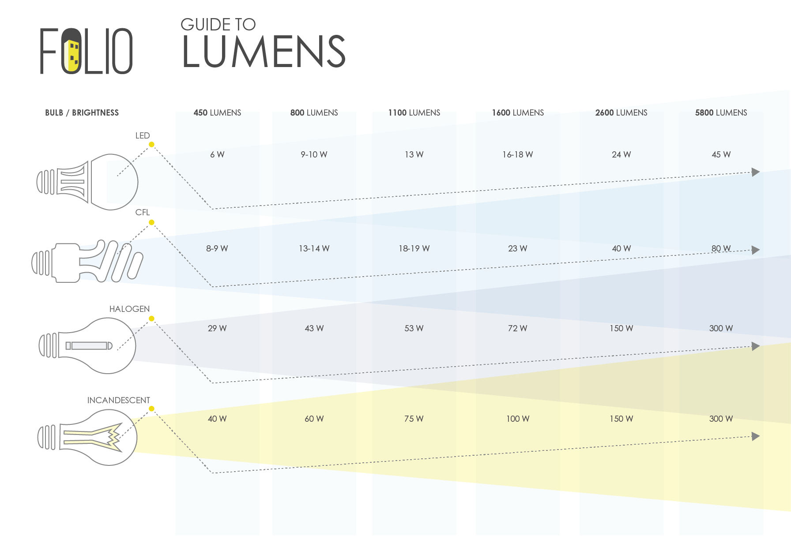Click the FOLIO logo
(87, 51)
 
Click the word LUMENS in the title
(264, 52)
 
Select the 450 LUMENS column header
(217, 112)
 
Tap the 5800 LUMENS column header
(721, 112)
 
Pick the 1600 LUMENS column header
(518, 112)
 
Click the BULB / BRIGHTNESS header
(82, 112)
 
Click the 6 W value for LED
(217, 154)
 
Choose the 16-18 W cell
(517, 154)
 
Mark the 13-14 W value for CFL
(314, 248)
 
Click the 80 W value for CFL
(721, 248)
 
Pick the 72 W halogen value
(517, 328)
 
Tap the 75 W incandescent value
(414, 419)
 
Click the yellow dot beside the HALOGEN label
(151, 319)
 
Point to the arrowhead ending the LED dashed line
(756, 172)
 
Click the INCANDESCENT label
(118, 400)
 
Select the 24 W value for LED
(621, 154)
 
